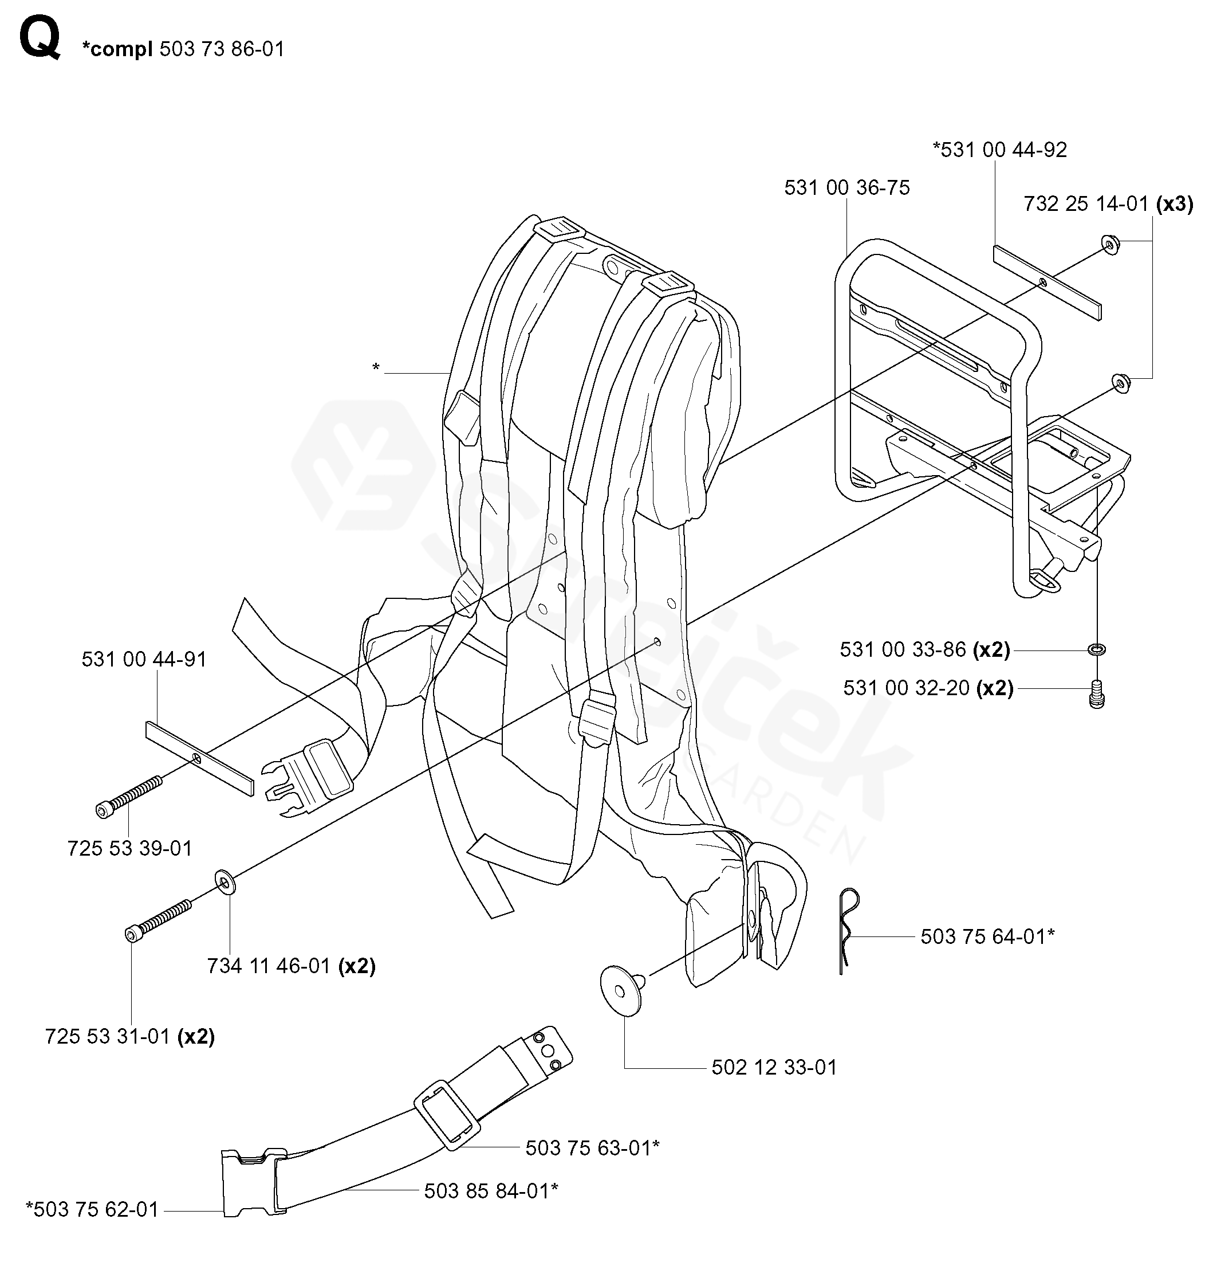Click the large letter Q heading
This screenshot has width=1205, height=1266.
[40, 38]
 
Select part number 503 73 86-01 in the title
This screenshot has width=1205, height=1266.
[222, 49]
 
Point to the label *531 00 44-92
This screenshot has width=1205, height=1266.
[999, 150]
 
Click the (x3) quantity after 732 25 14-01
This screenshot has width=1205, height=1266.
[1174, 205]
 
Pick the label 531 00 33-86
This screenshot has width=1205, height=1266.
[903, 650]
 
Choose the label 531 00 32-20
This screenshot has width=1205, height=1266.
[905, 688]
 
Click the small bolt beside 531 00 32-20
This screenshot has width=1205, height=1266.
[1096, 695]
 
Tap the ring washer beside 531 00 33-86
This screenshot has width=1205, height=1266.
[1096, 650]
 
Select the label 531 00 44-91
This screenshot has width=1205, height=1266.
[144, 659]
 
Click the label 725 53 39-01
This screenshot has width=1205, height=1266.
[130, 848]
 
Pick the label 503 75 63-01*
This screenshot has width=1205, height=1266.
[592, 1148]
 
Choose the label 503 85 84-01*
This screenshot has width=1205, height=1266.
[491, 1191]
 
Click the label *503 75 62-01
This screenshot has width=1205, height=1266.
[92, 1209]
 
